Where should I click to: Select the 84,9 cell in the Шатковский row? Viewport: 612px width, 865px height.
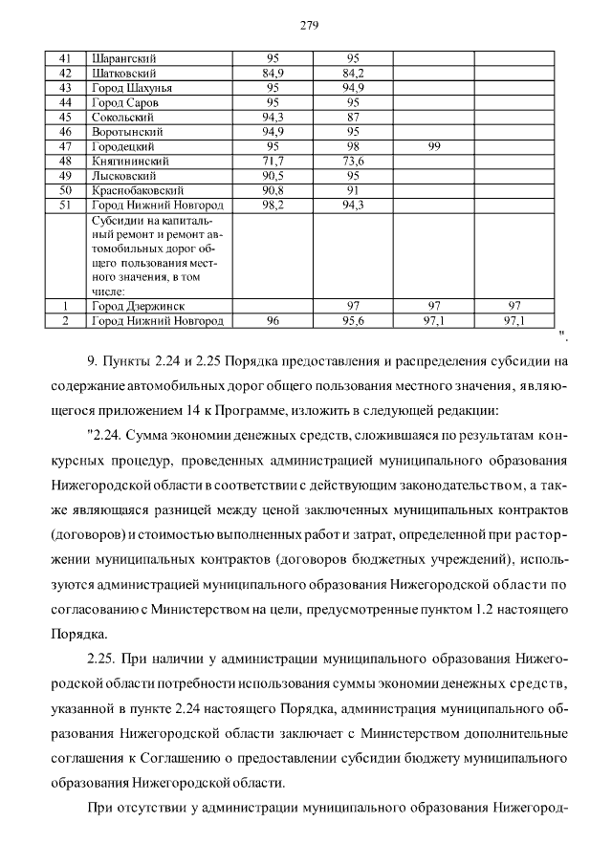tap(273, 73)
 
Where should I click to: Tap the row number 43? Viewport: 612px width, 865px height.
tap(66, 87)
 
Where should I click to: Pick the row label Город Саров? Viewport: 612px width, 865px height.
tap(124, 101)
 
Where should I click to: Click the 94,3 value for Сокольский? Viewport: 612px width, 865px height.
tap(273, 117)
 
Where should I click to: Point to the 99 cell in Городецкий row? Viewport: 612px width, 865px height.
tap(433, 146)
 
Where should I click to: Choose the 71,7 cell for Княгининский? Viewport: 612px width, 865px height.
tap(273, 161)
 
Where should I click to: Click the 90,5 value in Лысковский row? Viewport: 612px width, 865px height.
tap(273, 176)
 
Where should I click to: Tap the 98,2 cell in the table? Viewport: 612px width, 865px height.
tap(273, 205)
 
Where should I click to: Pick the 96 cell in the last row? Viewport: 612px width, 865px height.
tap(273, 321)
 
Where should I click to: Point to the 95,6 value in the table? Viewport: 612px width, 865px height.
tap(353, 321)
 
